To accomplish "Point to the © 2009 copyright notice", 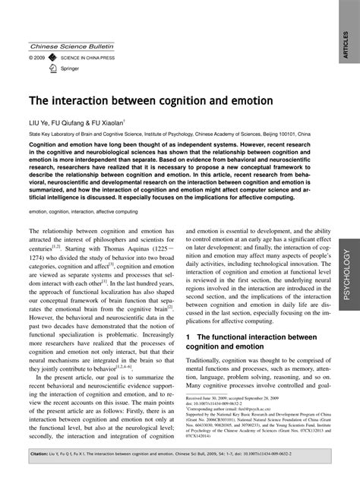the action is tap(37, 57).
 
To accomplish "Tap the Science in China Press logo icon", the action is tap(52, 57).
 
